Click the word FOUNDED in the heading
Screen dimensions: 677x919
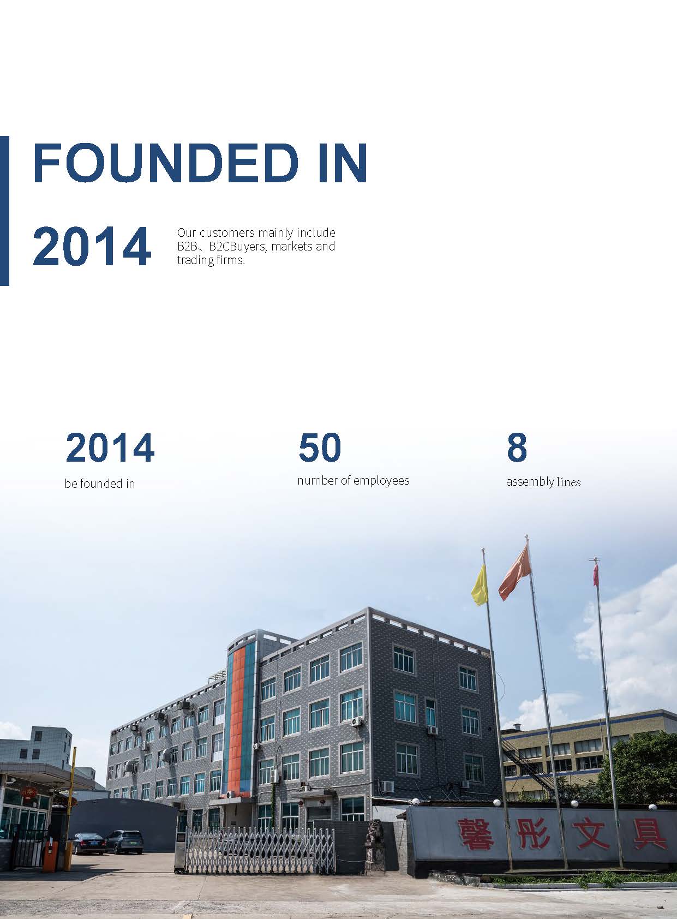tap(166, 162)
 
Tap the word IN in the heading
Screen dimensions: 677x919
tap(343, 162)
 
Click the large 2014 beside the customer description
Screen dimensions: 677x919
tap(92, 246)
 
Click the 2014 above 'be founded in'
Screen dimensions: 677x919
tap(110, 447)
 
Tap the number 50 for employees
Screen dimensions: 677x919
tap(320, 447)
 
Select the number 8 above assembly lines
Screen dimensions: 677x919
tap(517, 447)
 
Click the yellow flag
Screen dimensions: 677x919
tap(480, 585)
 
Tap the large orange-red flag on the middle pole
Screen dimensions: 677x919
tap(515, 572)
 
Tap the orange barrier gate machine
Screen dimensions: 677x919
tap(49, 840)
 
